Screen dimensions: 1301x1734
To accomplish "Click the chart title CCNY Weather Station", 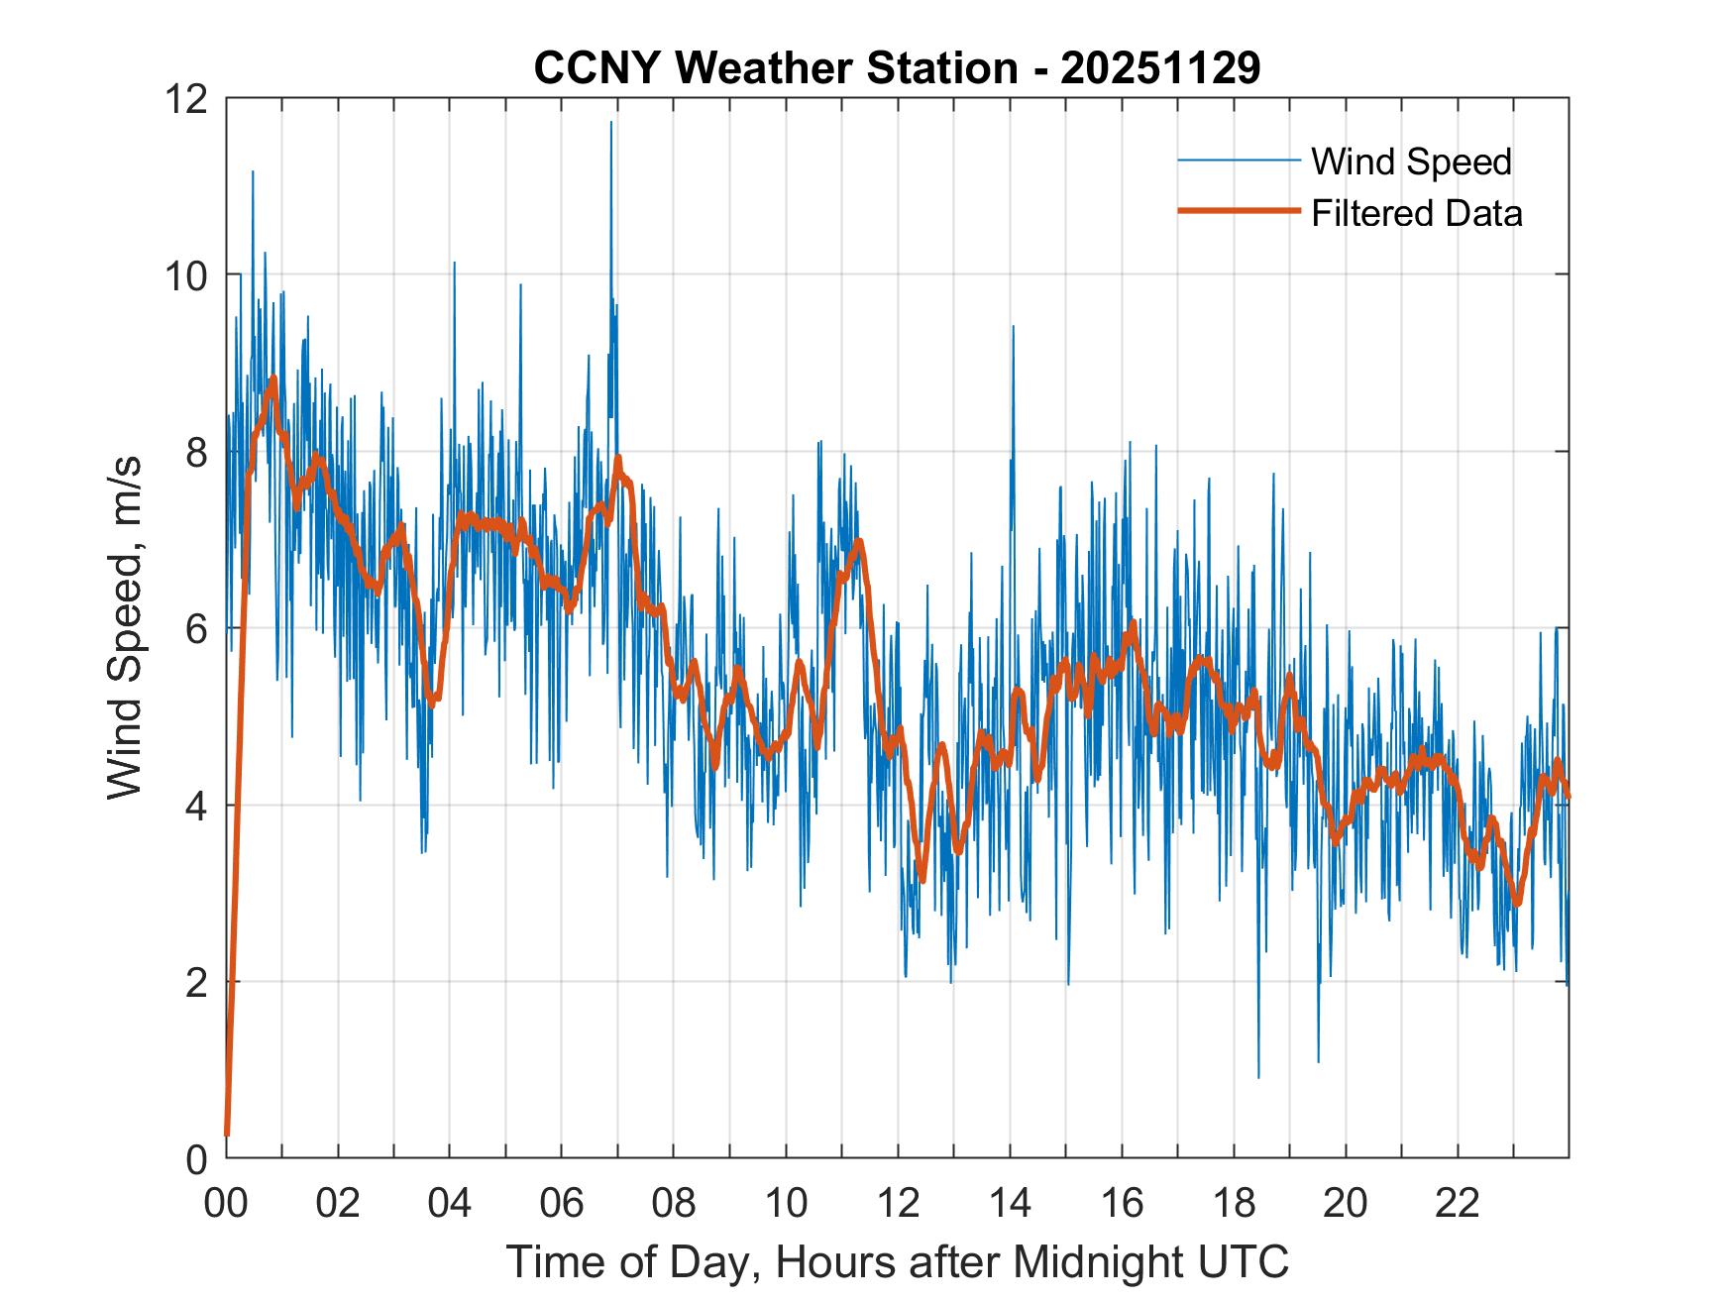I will (x=774, y=68).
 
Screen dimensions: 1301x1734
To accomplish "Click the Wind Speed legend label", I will (x=1411, y=162).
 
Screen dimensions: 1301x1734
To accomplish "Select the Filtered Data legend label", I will (x=1416, y=213).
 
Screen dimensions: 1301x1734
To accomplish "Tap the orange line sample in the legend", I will (x=1239, y=211).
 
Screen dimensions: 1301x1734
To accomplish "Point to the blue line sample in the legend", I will (x=1239, y=161).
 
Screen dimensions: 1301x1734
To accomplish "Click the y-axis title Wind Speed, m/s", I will (x=125, y=627).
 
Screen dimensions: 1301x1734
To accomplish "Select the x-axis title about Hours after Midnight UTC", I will (x=898, y=1262).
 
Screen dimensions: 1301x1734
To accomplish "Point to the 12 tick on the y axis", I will (x=188, y=98).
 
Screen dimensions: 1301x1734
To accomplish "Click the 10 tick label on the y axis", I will (x=188, y=274).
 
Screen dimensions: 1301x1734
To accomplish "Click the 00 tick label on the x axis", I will (x=226, y=1203).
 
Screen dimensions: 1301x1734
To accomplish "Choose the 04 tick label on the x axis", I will (x=450, y=1203).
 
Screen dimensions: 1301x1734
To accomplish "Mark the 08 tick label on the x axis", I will (x=674, y=1203).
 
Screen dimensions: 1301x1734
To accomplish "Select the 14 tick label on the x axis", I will (x=1010, y=1203).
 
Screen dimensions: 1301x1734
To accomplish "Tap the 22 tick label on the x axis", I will (x=1458, y=1203).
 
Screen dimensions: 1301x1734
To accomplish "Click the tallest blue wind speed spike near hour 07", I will (x=611, y=123).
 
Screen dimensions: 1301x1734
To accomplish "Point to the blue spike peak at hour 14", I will (x=1013, y=326).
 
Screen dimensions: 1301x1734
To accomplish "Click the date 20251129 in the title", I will (x=1160, y=68).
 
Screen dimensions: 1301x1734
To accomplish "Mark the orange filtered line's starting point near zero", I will (x=227, y=1134).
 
